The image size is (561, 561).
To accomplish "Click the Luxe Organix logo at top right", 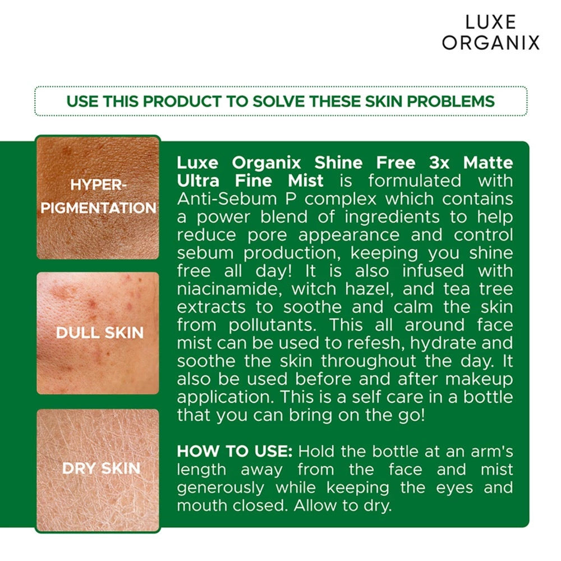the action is click(x=490, y=32).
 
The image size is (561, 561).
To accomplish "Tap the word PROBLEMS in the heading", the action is click(x=450, y=101).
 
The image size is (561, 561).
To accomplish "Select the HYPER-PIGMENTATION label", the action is click(x=98, y=196).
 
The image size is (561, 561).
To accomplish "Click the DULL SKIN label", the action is click(x=99, y=333).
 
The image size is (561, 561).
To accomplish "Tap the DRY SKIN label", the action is click(x=101, y=468).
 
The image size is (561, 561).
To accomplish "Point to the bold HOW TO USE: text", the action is click(x=234, y=451).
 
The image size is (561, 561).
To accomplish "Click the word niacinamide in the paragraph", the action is click(x=229, y=288).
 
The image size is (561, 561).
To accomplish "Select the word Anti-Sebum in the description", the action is click(x=227, y=199).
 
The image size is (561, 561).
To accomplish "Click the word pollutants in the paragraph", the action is click(x=272, y=325).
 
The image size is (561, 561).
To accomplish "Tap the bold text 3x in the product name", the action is click(x=439, y=163).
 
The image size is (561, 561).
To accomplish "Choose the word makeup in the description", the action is click(x=479, y=379).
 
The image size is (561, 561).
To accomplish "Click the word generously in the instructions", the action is click(x=220, y=488).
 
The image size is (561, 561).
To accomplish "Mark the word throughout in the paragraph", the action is click(x=368, y=361).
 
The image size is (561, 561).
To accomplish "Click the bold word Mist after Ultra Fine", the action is click(x=306, y=181).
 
